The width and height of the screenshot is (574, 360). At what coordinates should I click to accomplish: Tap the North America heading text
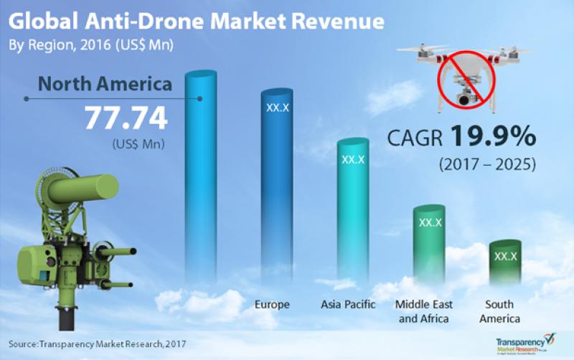point(105,85)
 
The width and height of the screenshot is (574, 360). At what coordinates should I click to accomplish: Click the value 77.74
point(126,117)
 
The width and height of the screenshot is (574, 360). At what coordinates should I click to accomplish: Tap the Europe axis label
point(272,305)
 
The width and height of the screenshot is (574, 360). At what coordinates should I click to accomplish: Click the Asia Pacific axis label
point(348,305)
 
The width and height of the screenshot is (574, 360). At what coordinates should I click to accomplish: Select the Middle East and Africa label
point(423,311)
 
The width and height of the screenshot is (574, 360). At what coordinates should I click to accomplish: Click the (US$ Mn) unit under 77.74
point(138,143)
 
